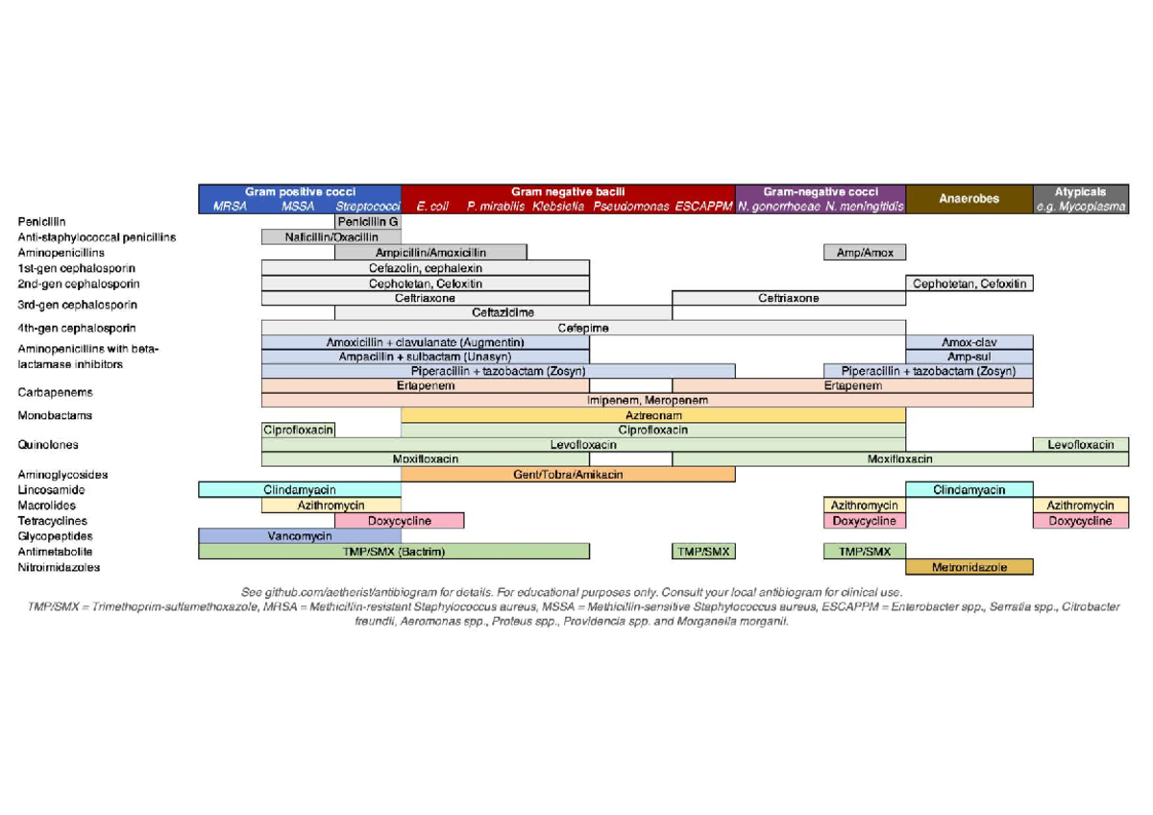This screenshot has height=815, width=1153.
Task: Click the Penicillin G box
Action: (368, 221)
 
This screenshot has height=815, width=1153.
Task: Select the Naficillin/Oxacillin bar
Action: (331, 236)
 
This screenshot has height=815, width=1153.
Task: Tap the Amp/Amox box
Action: (865, 253)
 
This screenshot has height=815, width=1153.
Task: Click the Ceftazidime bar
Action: (503, 312)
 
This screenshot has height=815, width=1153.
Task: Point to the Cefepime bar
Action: (583, 329)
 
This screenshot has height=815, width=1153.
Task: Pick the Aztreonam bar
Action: (653, 415)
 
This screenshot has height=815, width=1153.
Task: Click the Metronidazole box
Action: (969, 567)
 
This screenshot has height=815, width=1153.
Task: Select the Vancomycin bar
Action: (300, 536)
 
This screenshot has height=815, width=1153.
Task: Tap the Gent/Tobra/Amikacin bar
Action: (568, 475)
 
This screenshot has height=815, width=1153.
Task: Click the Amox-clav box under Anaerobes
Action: (969, 342)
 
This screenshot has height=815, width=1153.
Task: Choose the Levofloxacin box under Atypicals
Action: (1081, 444)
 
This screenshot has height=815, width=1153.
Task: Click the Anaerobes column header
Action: (969, 199)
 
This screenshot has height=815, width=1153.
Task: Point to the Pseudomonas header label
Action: (631, 207)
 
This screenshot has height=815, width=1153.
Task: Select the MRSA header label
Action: (231, 207)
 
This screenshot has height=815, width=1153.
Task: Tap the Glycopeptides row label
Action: (53, 536)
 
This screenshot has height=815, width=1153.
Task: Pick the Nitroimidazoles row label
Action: (58, 567)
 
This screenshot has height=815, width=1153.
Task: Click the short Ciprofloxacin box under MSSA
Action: (298, 430)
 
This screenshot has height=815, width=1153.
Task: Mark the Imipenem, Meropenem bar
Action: (648, 400)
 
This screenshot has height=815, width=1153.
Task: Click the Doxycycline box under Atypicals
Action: (1081, 521)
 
